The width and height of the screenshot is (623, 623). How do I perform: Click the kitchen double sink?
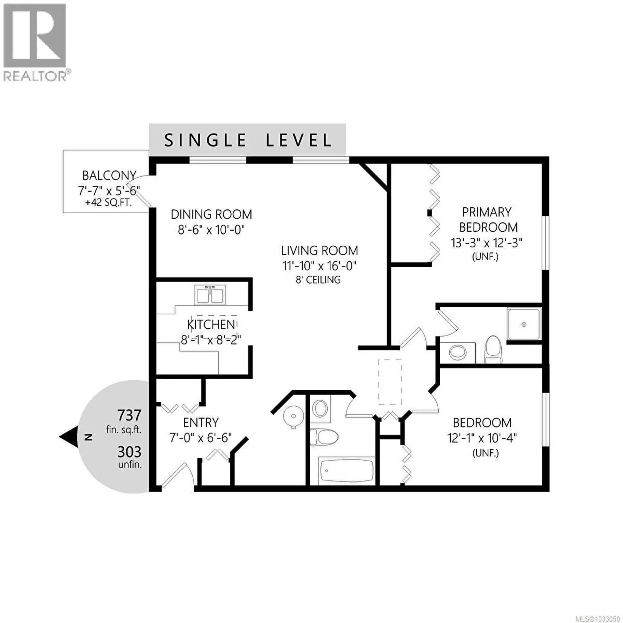[x=210, y=295]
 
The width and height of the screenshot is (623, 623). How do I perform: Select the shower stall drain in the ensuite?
[x=524, y=324]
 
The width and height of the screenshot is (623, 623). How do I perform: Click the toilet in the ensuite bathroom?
[x=493, y=350]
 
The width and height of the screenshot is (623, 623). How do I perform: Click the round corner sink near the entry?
[x=293, y=415]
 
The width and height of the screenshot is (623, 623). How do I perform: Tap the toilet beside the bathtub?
[x=324, y=436]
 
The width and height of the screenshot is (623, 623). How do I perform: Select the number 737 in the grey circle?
[x=129, y=415]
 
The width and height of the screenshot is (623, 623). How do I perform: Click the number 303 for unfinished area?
[x=129, y=452]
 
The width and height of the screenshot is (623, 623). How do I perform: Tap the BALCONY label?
[x=109, y=176]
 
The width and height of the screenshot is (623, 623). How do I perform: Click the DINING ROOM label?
[x=211, y=214]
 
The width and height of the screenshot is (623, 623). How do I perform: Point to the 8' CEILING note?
[x=318, y=280]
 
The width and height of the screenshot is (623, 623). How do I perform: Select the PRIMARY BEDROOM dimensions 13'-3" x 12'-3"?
[x=486, y=243]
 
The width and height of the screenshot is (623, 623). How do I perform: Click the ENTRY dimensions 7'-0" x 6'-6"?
[x=201, y=438]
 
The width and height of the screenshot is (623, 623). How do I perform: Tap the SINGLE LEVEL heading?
[x=248, y=140]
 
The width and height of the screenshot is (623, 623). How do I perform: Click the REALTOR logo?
[x=35, y=42]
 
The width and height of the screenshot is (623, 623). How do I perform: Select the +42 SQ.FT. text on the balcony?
[x=108, y=203]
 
